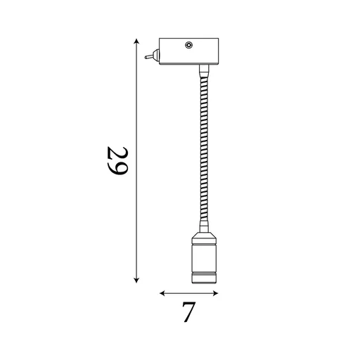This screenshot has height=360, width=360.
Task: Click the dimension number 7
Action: pos(188,312)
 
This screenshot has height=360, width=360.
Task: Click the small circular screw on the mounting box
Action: pos(188,46)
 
